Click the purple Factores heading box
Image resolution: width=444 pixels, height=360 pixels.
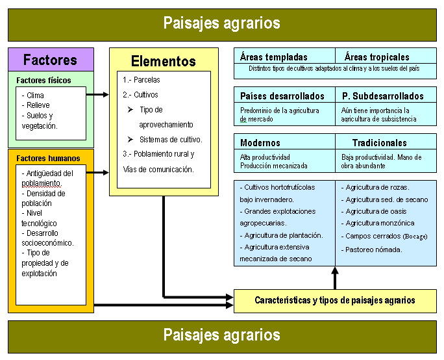click(51, 60)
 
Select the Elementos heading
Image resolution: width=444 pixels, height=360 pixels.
click(164, 62)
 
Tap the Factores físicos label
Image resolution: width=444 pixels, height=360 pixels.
click(44, 81)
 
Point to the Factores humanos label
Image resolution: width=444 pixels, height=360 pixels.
click(49, 158)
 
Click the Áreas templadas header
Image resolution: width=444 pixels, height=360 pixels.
click(274, 57)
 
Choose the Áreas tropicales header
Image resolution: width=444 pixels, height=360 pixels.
click(377, 57)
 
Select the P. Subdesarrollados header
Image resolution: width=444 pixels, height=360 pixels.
click(384, 96)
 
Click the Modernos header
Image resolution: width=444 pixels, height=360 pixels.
click(260, 143)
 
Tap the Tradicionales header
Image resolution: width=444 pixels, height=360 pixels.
click(380, 143)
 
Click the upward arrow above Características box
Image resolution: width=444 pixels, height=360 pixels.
click(335, 277)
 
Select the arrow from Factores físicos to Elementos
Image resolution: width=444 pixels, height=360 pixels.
click(98, 94)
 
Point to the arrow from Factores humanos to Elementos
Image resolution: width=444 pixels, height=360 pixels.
click(98, 172)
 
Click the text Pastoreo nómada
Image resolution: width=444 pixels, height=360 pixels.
click(374, 250)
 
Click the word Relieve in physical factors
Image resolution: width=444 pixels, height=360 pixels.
click(38, 105)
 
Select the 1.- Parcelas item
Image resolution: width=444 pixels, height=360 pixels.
click(142, 80)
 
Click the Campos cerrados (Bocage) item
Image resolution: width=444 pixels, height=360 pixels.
click(386, 237)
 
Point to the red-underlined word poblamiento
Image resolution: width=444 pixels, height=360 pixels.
click(47, 183)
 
